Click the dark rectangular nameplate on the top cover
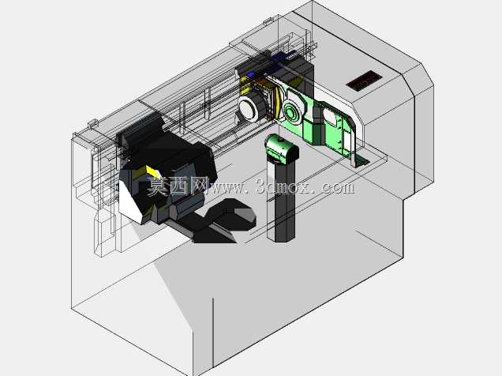click(x=364, y=81)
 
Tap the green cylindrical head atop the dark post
click(x=282, y=149)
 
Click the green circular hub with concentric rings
click(x=291, y=112)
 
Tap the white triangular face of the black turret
click(x=130, y=202)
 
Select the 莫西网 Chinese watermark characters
click(x=178, y=186)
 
